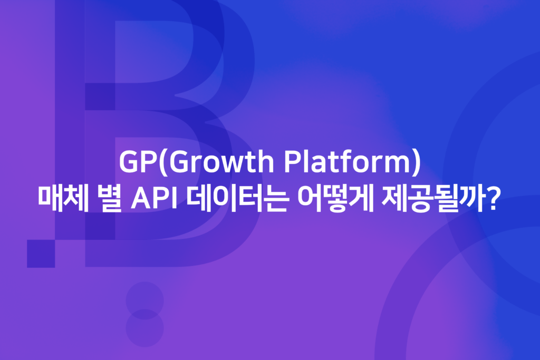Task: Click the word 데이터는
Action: click(x=235, y=201)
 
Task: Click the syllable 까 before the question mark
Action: click(x=475, y=201)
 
